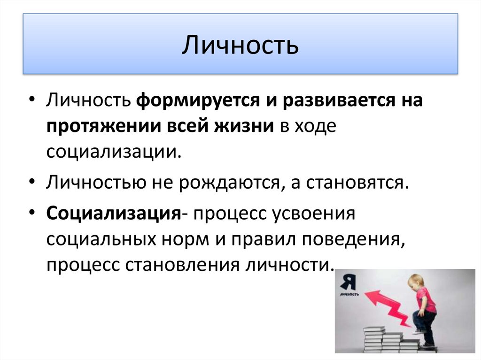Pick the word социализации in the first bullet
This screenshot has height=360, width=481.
pos(113,153)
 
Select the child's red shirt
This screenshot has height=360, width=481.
pos(426,301)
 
